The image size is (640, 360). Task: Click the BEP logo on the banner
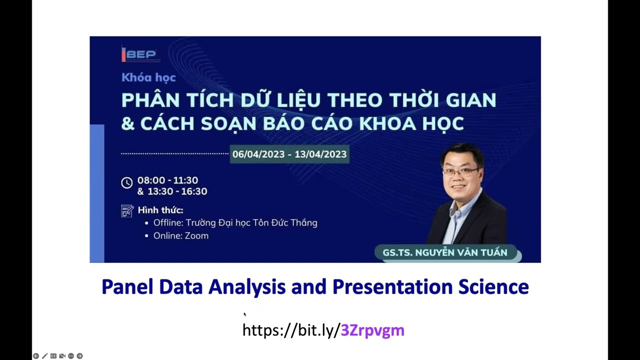point(139,54)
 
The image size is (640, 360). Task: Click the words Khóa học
point(148,77)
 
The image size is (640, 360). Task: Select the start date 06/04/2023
point(260,154)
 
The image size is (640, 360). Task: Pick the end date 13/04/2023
point(320,154)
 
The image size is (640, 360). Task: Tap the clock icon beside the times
point(127,183)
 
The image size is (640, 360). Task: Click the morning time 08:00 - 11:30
point(167,180)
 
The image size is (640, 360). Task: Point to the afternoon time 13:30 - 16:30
point(172,191)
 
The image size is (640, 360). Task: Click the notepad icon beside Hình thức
point(127,210)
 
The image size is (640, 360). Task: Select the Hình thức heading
point(160,210)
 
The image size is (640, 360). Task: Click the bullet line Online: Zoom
point(180,235)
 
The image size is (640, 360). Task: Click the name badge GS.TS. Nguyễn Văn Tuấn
point(444,252)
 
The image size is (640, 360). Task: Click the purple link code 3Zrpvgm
point(372,330)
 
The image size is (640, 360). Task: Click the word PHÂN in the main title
point(149,100)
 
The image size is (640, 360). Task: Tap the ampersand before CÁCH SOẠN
point(127,123)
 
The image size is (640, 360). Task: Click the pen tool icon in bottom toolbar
point(44,356)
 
